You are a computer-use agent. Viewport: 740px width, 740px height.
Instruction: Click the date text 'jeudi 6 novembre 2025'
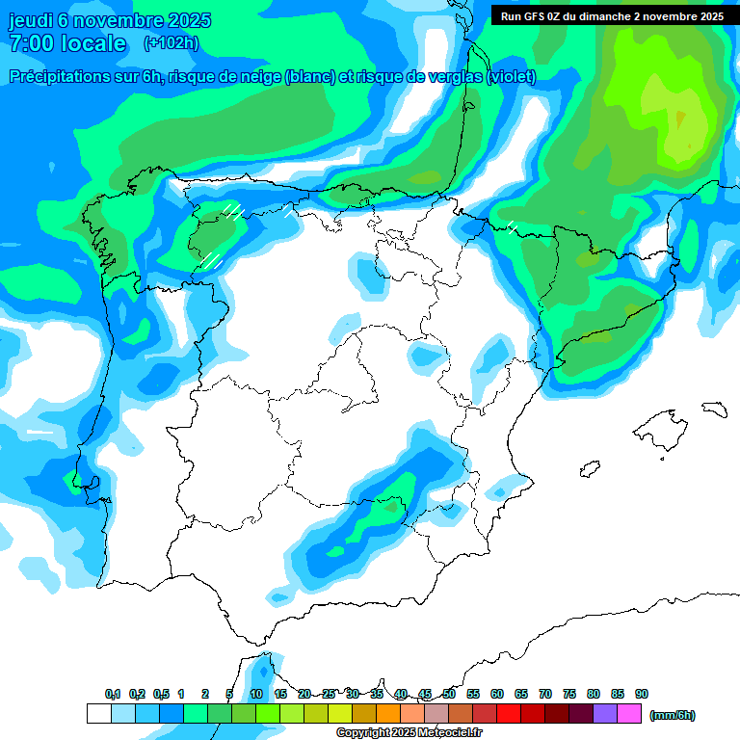pyautogui.click(x=110, y=20)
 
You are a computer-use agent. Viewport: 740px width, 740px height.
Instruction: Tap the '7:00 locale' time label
pyautogui.click(x=67, y=43)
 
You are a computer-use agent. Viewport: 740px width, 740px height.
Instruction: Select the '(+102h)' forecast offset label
pyautogui.click(x=171, y=42)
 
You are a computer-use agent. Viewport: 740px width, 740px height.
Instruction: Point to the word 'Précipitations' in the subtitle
pyautogui.click(x=59, y=77)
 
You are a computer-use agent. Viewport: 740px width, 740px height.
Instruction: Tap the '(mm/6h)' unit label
pyautogui.click(x=672, y=715)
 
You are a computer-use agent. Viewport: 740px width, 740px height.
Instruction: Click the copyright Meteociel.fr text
pyautogui.click(x=410, y=733)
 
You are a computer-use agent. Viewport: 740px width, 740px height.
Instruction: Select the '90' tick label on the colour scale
pyautogui.click(x=642, y=695)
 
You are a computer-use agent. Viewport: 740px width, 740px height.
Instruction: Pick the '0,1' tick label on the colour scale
pyautogui.click(x=112, y=695)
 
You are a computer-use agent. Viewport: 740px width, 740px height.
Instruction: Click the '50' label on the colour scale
pyautogui.click(x=449, y=695)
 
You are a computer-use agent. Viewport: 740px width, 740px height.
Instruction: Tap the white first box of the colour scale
pyautogui.click(x=98, y=714)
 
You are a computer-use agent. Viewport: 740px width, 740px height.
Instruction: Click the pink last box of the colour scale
pyautogui.click(x=629, y=714)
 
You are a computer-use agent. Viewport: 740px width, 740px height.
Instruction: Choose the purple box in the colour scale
pyautogui.click(x=605, y=714)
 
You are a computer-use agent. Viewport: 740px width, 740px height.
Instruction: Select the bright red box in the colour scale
pyautogui.click(x=509, y=714)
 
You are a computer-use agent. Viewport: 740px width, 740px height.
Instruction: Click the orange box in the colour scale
pyautogui.click(x=388, y=714)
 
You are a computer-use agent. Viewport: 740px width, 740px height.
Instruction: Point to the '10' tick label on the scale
pyautogui.click(x=256, y=695)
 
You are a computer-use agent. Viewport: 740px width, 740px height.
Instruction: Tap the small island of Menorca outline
pyautogui.click(x=714, y=409)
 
